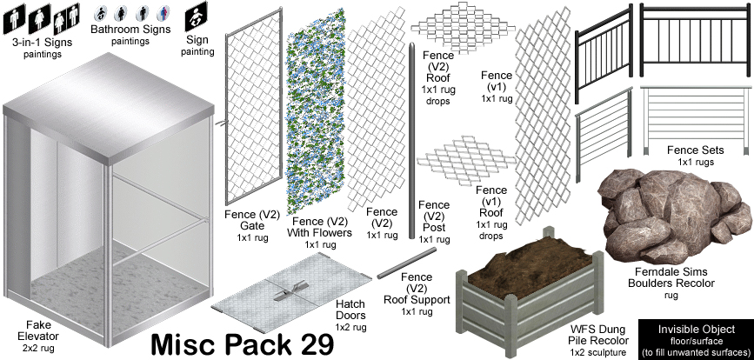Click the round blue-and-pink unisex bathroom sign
[163, 13]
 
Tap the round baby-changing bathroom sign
[101, 13]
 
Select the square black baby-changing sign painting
[197, 17]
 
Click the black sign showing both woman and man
[67, 17]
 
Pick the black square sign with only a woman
[39, 19]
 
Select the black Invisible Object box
[696, 339]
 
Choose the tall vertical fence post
[411, 140]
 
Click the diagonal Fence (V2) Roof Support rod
[407, 263]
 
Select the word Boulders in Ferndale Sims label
[651, 283]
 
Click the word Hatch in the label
[350, 304]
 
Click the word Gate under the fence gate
[252, 226]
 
